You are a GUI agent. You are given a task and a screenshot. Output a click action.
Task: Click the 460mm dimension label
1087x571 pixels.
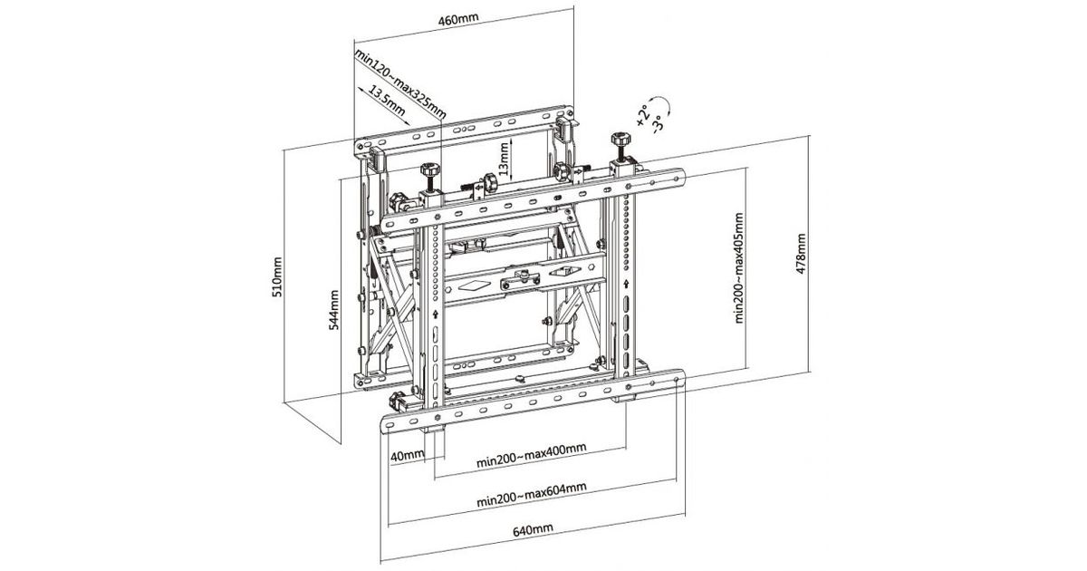tap(458, 19)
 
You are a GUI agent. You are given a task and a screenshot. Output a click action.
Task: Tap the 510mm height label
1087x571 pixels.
tap(277, 277)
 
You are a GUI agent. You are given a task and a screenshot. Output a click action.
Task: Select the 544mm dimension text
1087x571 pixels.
tap(334, 310)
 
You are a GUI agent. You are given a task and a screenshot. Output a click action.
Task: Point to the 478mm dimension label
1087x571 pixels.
tap(801, 254)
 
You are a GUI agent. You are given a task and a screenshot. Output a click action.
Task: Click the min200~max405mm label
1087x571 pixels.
tap(739, 268)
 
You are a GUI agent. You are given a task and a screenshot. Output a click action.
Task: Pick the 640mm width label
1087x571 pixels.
tap(533, 529)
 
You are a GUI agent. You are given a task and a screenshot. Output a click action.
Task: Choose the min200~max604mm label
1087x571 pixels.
tap(532, 494)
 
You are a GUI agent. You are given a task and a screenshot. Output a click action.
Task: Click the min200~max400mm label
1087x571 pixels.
tap(532, 454)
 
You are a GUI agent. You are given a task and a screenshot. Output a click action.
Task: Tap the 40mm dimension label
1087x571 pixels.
tap(408, 456)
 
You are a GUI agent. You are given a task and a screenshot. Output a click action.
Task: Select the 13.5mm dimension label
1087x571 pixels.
tap(387, 101)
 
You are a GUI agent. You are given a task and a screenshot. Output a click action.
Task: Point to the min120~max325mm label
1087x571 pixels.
tap(400, 84)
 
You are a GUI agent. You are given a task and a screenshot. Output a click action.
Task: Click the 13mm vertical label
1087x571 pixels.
tap(504, 159)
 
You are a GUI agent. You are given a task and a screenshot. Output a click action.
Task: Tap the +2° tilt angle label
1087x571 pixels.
tap(642, 116)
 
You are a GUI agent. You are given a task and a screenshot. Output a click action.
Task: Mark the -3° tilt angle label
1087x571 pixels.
tap(658, 123)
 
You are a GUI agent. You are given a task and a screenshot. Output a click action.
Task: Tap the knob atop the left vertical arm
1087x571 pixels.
tap(430, 170)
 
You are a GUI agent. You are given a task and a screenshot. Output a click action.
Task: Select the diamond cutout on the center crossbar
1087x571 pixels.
tap(472, 286)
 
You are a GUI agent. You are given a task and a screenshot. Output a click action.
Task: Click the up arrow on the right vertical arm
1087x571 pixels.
tap(627, 284)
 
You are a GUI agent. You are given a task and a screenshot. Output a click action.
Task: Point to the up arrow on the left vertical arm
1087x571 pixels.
tap(437, 315)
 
